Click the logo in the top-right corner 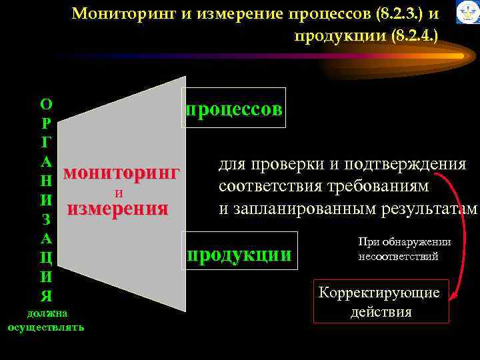467,13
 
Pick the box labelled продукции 240,255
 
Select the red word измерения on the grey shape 117,209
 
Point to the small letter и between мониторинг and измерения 118,193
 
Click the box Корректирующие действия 381,302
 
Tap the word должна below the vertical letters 46,313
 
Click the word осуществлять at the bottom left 46,327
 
